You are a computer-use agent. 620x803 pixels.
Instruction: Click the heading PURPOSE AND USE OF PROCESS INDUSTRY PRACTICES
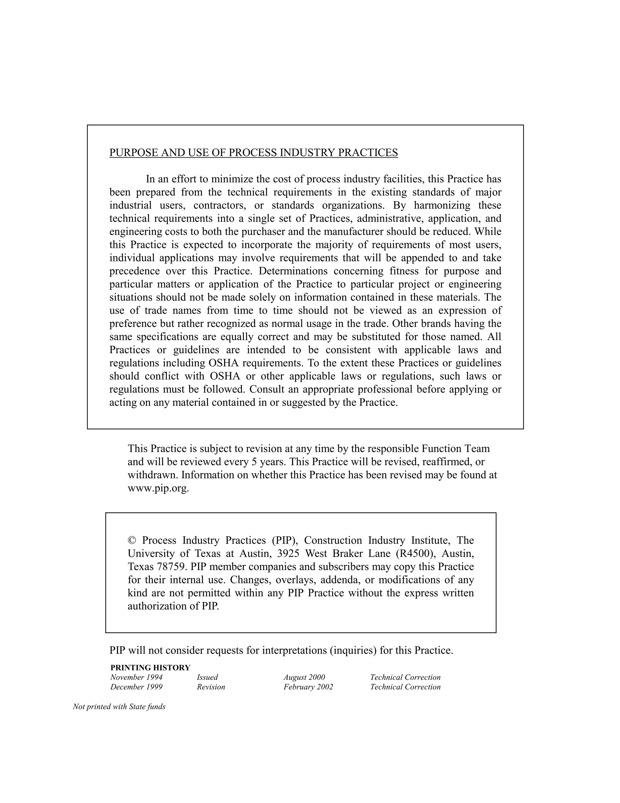(x=253, y=153)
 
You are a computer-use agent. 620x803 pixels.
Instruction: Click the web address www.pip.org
(x=158, y=488)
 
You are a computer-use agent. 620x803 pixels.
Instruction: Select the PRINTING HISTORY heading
(x=150, y=668)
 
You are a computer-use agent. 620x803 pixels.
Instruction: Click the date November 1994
(x=136, y=677)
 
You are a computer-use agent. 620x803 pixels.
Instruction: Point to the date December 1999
(x=136, y=687)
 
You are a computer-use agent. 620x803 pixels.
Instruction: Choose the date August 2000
(x=304, y=677)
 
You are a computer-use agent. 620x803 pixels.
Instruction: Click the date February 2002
(x=308, y=687)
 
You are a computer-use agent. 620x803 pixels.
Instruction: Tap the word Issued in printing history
(x=207, y=677)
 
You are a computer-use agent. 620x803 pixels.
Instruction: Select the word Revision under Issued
(x=211, y=687)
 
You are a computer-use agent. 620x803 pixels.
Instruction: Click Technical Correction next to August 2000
(x=405, y=677)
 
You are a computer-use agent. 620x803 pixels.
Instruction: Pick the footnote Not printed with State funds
(x=119, y=707)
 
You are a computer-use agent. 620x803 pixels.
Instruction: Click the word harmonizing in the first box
(x=440, y=205)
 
